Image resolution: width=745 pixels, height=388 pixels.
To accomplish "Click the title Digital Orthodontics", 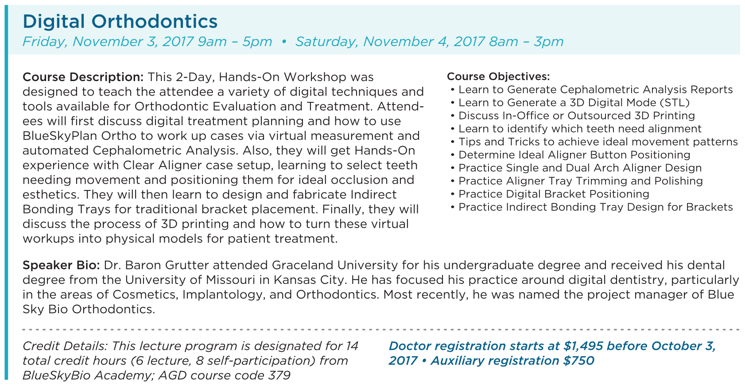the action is click(x=120, y=22).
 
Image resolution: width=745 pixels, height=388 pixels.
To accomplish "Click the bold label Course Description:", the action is click(x=83, y=77).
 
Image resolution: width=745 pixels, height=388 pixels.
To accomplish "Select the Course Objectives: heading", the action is click(x=498, y=77).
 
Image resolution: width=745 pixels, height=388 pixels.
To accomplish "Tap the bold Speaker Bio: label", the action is click(x=61, y=265).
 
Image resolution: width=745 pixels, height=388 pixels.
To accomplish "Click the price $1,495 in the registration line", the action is click(x=583, y=346).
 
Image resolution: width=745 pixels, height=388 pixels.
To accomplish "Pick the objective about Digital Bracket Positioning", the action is click(x=554, y=194).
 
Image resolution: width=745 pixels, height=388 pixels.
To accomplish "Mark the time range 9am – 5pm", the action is click(x=235, y=42).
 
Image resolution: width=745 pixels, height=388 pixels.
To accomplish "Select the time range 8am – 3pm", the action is click(x=526, y=42).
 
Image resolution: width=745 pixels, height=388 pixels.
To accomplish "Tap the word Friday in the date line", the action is click(x=45, y=42).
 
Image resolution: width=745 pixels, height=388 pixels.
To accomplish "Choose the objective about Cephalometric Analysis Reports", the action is click(x=595, y=90).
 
